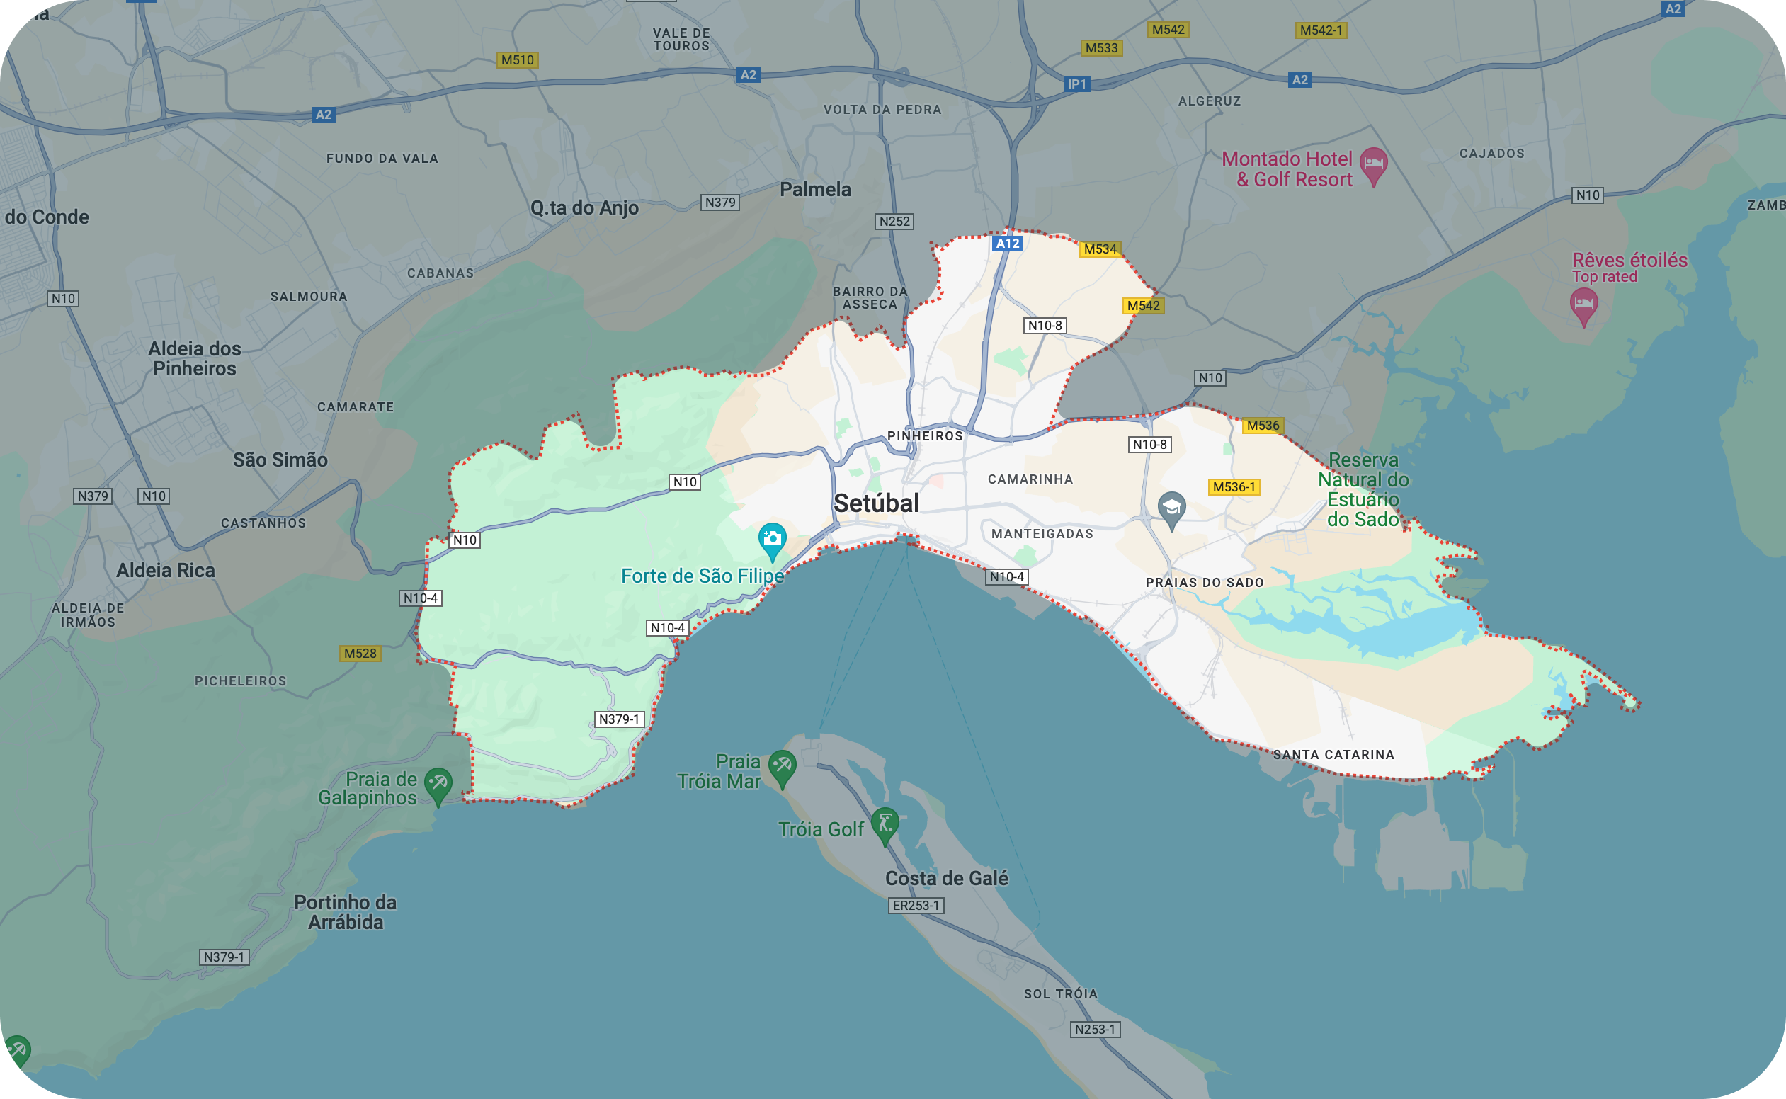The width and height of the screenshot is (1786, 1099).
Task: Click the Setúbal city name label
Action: pos(876,503)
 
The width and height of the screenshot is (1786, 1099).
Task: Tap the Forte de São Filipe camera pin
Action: pos(771,540)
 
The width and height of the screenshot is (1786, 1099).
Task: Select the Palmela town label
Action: pos(815,190)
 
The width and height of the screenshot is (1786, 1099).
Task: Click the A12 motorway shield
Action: pos(1008,244)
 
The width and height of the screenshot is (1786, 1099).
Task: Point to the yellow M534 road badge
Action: pos(1100,249)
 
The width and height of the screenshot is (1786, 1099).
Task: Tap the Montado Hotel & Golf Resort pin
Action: pos(1373,164)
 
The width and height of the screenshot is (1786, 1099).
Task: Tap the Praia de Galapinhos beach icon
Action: pos(438,785)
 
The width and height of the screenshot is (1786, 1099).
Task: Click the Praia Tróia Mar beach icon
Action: pos(782,765)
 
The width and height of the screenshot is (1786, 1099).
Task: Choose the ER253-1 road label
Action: pos(916,906)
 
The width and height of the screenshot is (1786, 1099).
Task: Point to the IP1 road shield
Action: pos(1076,84)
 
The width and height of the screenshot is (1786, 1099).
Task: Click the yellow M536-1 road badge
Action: pos(1234,487)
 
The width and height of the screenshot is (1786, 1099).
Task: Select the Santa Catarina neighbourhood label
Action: pos(1333,754)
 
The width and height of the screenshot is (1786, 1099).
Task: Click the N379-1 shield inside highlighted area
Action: pos(620,719)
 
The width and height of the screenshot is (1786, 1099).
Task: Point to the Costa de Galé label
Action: pos(946,879)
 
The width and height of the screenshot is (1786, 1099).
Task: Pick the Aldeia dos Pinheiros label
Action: pos(194,358)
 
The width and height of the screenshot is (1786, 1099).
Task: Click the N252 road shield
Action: pos(894,221)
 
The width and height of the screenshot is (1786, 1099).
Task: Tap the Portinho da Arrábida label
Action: pos(346,912)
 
